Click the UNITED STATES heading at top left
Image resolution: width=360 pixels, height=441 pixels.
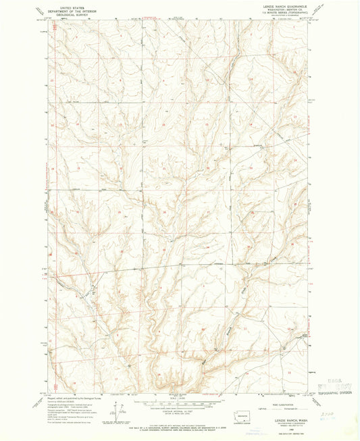tap(67, 5)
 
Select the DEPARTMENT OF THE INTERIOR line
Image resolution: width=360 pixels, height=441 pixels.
tap(67, 8)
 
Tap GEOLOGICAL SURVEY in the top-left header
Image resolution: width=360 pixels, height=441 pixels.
tap(67, 11)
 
